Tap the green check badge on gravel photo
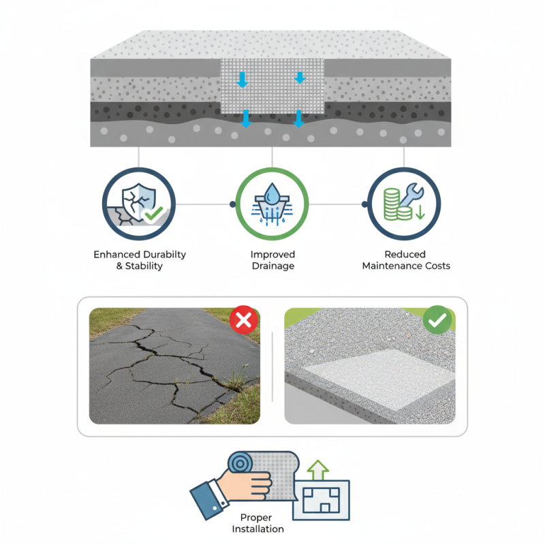point(436,320)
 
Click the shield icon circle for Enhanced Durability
point(139,204)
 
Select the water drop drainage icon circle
point(272,204)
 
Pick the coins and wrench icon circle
point(404,204)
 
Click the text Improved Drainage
point(272,260)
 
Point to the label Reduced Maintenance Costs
point(406,260)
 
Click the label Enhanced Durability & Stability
point(140,260)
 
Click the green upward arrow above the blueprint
point(318,469)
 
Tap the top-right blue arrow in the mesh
point(300,78)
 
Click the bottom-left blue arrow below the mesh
point(246,120)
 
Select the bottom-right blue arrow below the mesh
point(298,120)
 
